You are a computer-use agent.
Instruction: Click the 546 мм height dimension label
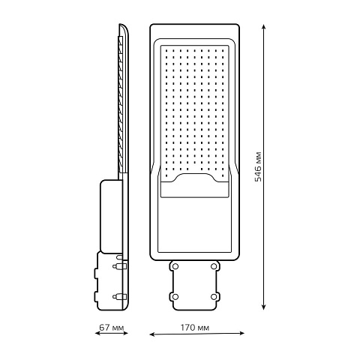click(258, 166)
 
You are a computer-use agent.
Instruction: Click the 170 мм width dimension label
click(195, 327)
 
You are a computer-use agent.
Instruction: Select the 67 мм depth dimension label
click(112, 327)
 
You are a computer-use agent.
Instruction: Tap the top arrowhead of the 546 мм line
click(263, 27)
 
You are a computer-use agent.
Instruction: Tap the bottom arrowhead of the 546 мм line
click(263, 307)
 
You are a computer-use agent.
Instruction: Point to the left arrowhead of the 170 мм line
click(152, 334)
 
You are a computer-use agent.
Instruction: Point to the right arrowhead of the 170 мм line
click(241, 333)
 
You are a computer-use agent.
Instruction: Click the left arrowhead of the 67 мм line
click(97, 333)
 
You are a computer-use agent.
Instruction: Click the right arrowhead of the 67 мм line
click(125, 333)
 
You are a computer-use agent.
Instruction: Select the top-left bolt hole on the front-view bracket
click(175, 266)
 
